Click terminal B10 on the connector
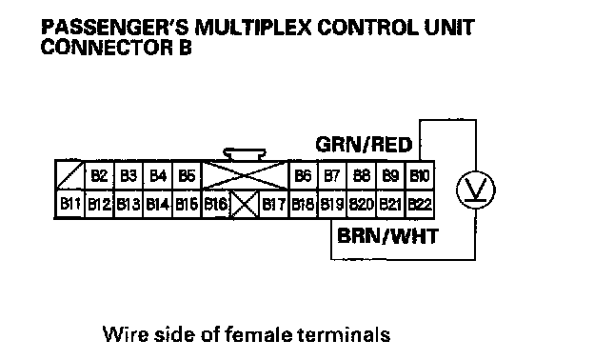(420, 175)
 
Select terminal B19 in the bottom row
(332, 205)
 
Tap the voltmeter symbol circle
(475, 190)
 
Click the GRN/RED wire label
(364, 145)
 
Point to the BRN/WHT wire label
(387, 236)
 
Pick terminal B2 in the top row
(99, 175)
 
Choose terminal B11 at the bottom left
(70, 205)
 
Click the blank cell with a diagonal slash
(70, 175)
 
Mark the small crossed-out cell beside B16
(245, 205)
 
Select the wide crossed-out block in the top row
(245, 175)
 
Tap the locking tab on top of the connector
(245, 154)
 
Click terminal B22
(420, 205)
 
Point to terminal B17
(274, 205)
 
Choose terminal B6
(303, 175)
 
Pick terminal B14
(158, 205)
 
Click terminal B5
(187, 175)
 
